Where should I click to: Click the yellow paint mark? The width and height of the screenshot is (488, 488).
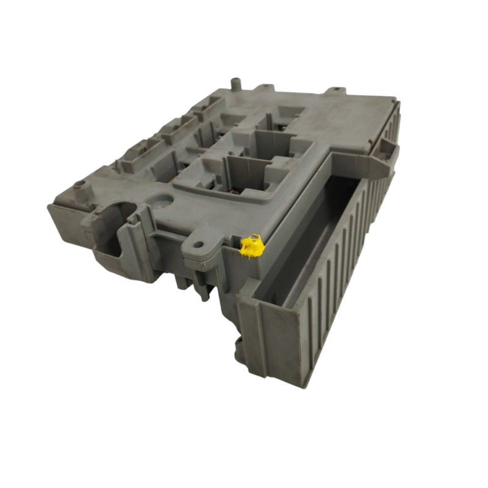pyautogui.click(x=251, y=248)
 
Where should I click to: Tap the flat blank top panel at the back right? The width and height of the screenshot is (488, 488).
pyautogui.click(x=354, y=122)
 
